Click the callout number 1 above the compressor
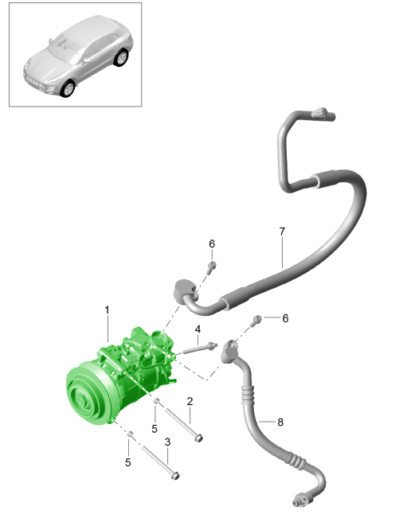point(107,310)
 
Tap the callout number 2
point(190,401)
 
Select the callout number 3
point(167,442)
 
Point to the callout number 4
point(198,329)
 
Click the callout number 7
point(282,232)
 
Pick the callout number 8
point(280,422)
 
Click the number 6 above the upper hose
point(212,243)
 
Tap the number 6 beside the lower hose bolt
point(285,318)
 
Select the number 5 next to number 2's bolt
point(155,429)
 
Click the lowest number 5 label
point(128,462)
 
